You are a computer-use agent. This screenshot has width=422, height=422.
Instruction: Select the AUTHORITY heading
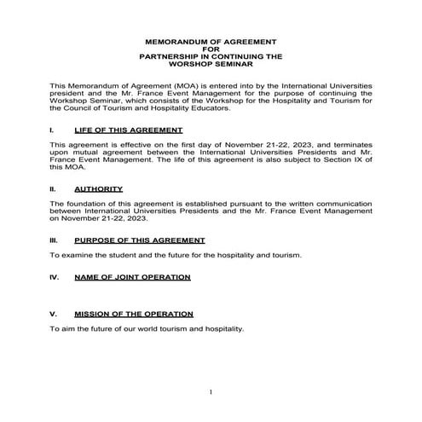coord(99,188)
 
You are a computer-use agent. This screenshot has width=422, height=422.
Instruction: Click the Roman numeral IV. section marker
coord(55,277)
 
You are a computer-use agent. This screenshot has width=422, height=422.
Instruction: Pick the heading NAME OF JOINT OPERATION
coord(132,277)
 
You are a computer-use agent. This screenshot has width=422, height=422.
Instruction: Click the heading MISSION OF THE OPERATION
coord(134,314)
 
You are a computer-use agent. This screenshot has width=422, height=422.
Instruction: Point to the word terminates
coord(347,145)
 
